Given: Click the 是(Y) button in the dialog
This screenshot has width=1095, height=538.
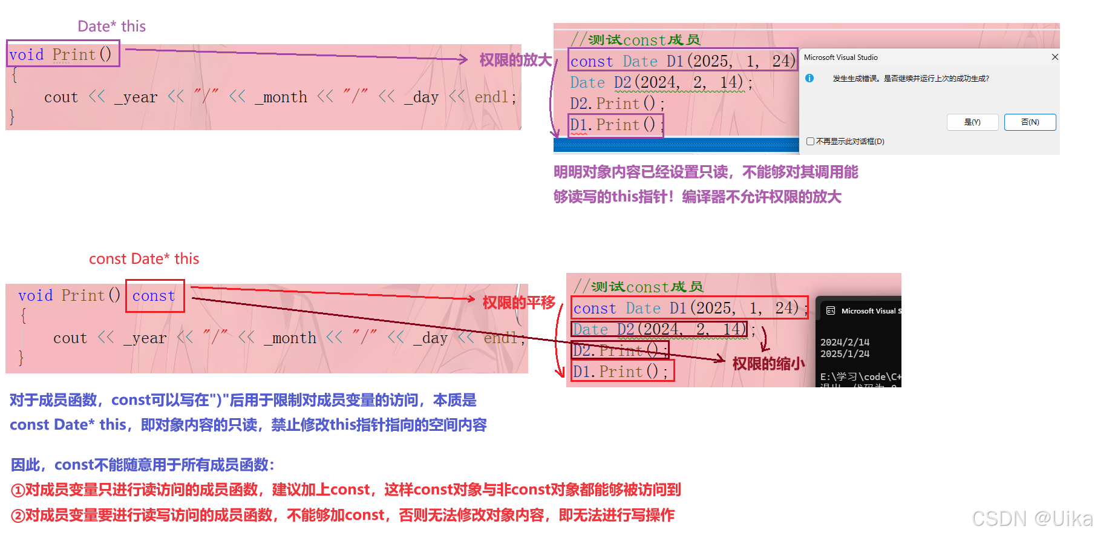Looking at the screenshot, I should [972, 122].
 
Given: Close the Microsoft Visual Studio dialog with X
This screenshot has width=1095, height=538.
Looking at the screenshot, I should [1054, 57].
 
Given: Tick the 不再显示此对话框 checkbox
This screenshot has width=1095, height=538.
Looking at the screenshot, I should [810, 142].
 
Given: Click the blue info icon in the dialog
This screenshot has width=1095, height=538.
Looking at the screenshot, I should [809, 78].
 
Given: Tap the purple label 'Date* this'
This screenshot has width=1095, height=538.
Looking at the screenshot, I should [111, 26].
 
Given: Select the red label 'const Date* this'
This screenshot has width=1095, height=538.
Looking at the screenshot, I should [144, 259].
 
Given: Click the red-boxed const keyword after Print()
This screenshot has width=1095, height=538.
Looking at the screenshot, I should [154, 296].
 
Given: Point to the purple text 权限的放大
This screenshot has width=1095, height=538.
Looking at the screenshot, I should [515, 60].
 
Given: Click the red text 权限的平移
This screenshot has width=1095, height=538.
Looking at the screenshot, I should [518, 303].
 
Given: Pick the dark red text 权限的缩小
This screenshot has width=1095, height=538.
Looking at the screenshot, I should [768, 364].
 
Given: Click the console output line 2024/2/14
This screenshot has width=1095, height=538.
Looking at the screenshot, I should [845, 342].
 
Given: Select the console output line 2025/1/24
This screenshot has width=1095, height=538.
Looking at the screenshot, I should [845, 354].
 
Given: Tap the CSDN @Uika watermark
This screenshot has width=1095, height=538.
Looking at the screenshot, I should [1031, 518].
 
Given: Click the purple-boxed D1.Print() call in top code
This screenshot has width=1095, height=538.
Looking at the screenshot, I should [616, 125].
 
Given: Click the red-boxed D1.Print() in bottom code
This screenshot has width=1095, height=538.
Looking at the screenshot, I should [621, 372].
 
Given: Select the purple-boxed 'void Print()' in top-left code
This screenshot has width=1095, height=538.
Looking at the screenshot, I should [62, 54].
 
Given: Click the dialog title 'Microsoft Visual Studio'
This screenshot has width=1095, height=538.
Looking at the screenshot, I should [840, 57].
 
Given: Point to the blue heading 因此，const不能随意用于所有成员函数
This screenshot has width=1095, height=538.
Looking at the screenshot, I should [143, 465].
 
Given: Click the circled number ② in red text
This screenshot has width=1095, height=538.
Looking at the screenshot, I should [18, 516].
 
